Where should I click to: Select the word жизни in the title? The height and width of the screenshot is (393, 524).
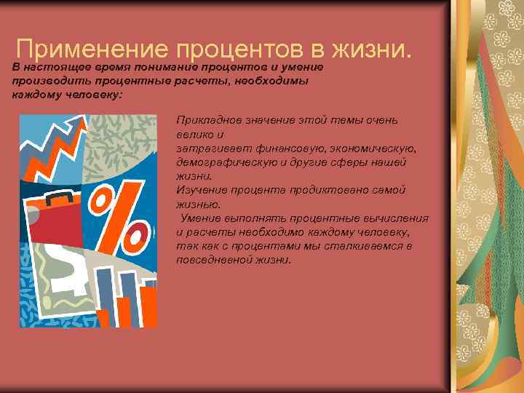click(371, 49)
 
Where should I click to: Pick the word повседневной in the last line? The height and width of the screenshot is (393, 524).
click(213, 259)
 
